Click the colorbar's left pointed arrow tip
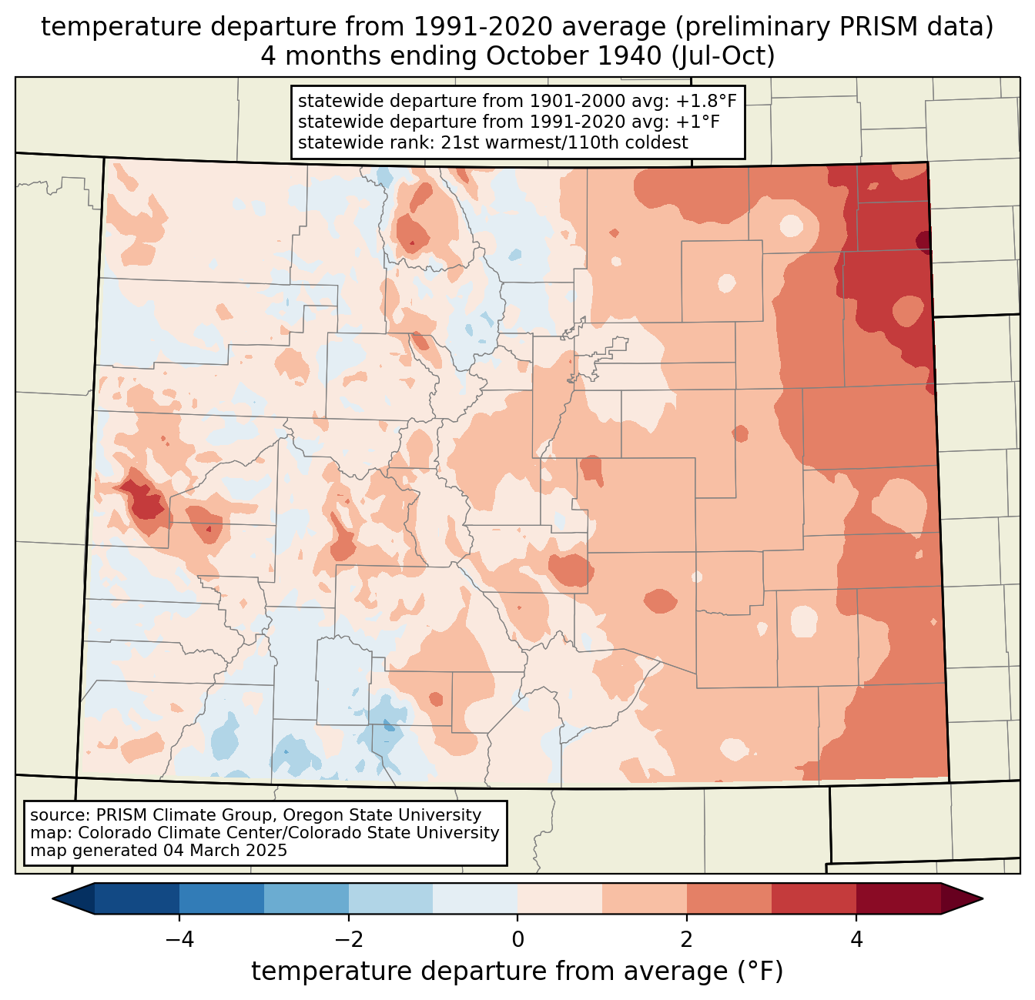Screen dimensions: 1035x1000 click(52, 898)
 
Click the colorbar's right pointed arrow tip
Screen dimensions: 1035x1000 click(983, 898)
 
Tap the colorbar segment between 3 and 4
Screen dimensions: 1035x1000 click(814, 898)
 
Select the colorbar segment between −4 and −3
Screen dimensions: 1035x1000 click(221, 898)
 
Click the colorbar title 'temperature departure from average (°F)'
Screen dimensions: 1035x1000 click(517, 971)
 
